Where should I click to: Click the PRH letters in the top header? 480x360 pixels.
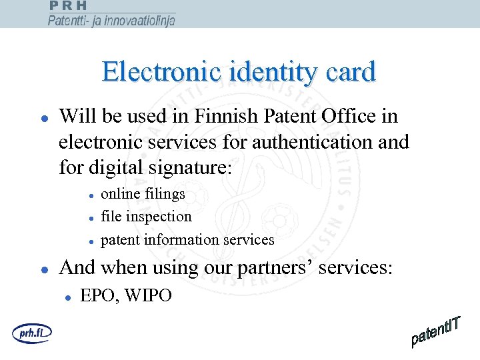[68, 5]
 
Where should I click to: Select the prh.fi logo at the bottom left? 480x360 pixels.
[31, 331]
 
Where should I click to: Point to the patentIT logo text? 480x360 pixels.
[437, 331]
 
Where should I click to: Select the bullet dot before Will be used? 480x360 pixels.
[43, 119]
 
